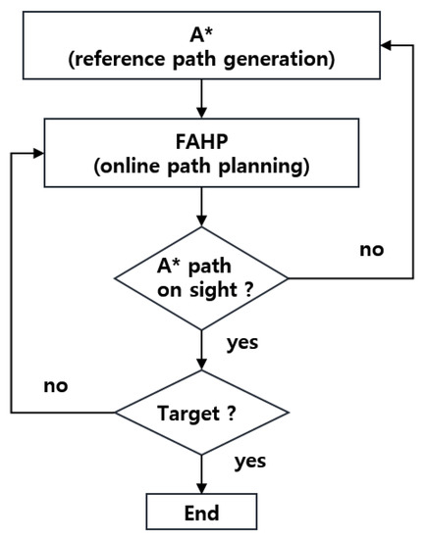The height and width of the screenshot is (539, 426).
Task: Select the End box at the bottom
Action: [201, 513]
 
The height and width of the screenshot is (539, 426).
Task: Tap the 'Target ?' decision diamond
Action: [201, 413]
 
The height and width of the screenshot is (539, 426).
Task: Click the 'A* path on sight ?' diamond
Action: [201, 279]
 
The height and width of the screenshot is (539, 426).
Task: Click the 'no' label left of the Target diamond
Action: [56, 385]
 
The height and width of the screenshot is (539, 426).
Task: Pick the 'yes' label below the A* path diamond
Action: [243, 344]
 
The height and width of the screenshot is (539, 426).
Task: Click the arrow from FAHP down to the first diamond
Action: [201, 207]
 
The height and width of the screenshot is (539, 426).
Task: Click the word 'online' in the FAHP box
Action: [126, 166]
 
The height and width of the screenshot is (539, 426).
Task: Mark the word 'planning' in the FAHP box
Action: [272, 166]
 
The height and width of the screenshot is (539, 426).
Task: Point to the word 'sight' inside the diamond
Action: [209, 291]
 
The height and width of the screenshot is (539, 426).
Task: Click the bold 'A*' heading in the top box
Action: [200, 34]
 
